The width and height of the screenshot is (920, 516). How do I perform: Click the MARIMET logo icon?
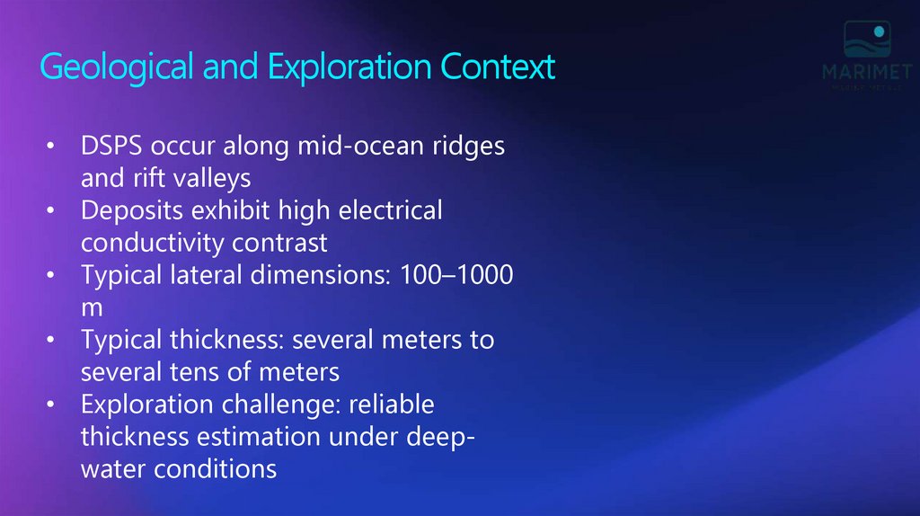865,40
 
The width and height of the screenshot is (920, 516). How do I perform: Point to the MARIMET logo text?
865,71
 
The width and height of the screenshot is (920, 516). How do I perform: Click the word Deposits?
127,211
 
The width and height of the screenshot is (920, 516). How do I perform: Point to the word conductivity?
152,243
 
